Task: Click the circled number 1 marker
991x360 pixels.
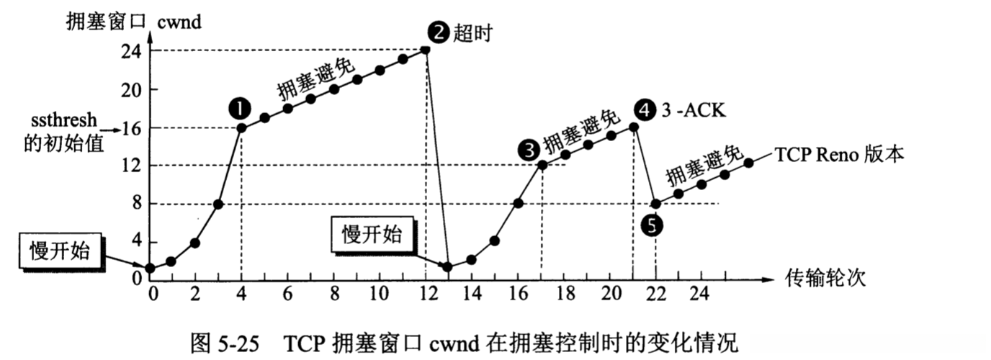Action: pyautogui.click(x=239, y=108)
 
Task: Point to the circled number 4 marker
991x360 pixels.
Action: pyautogui.click(x=646, y=110)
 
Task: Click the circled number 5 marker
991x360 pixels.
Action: pyautogui.click(x=651, y=225)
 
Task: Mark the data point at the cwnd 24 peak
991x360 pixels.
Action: pyautogui.click(x=425, y=50)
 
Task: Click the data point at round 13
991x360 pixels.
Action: pyautogui.click(x=447, y=267)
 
